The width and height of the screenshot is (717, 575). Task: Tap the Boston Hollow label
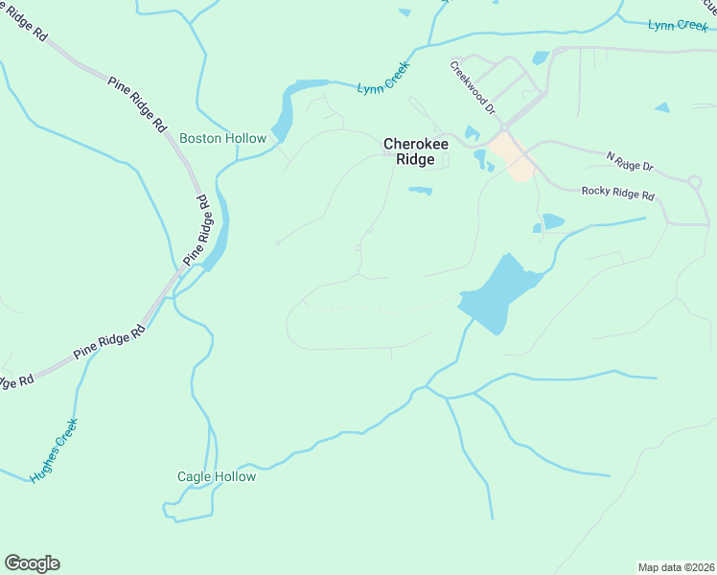click(x=222, y=139)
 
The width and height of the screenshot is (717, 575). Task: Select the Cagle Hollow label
click(x=217, y=476)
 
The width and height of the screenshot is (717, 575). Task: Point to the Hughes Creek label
click(x=53, y=449)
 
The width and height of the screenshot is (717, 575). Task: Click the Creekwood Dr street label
click(x=474, y=87)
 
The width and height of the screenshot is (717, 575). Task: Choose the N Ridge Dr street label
click(x=630, y=161)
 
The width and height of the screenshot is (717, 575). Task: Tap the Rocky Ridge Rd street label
click(x=617, y=193)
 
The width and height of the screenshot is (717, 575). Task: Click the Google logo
click(x=32, y=563)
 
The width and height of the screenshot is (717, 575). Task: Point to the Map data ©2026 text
click(x=676, y=567)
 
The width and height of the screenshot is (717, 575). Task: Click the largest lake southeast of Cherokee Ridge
click(x=498, y=293)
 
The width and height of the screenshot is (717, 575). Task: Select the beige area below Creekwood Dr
click(x=514, y=156)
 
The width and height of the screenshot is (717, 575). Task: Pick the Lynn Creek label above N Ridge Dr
click(x=677, y=25)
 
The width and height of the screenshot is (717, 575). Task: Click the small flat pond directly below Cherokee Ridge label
click(x=420, y=190)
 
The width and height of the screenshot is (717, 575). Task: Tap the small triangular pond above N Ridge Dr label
click(x=662, y=107)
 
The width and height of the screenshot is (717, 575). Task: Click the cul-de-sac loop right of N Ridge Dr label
click(x=694, y=180)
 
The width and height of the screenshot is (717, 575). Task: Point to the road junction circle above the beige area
click(x=504, y=126)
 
